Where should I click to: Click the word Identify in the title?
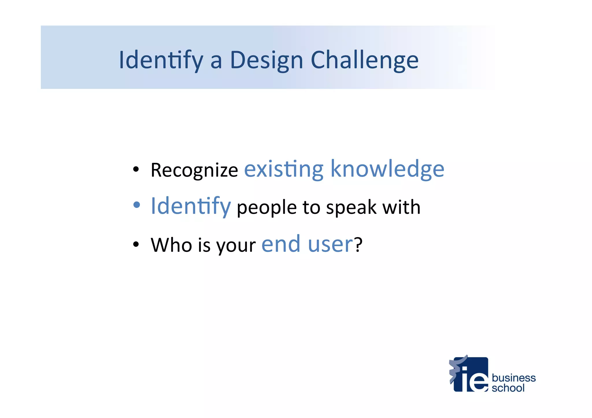tap(161, 60)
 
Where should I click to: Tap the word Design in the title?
tap(266, 60)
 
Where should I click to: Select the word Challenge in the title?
tap(364, 60)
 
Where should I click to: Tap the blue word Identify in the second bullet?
tap(191, 206)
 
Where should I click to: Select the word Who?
tap(171, 245)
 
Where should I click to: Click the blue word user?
tap(330, 244)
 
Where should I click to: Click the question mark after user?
tap(358, 244)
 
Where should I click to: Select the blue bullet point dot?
tap(136, 205)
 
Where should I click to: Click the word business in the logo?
tap(513, 378)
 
